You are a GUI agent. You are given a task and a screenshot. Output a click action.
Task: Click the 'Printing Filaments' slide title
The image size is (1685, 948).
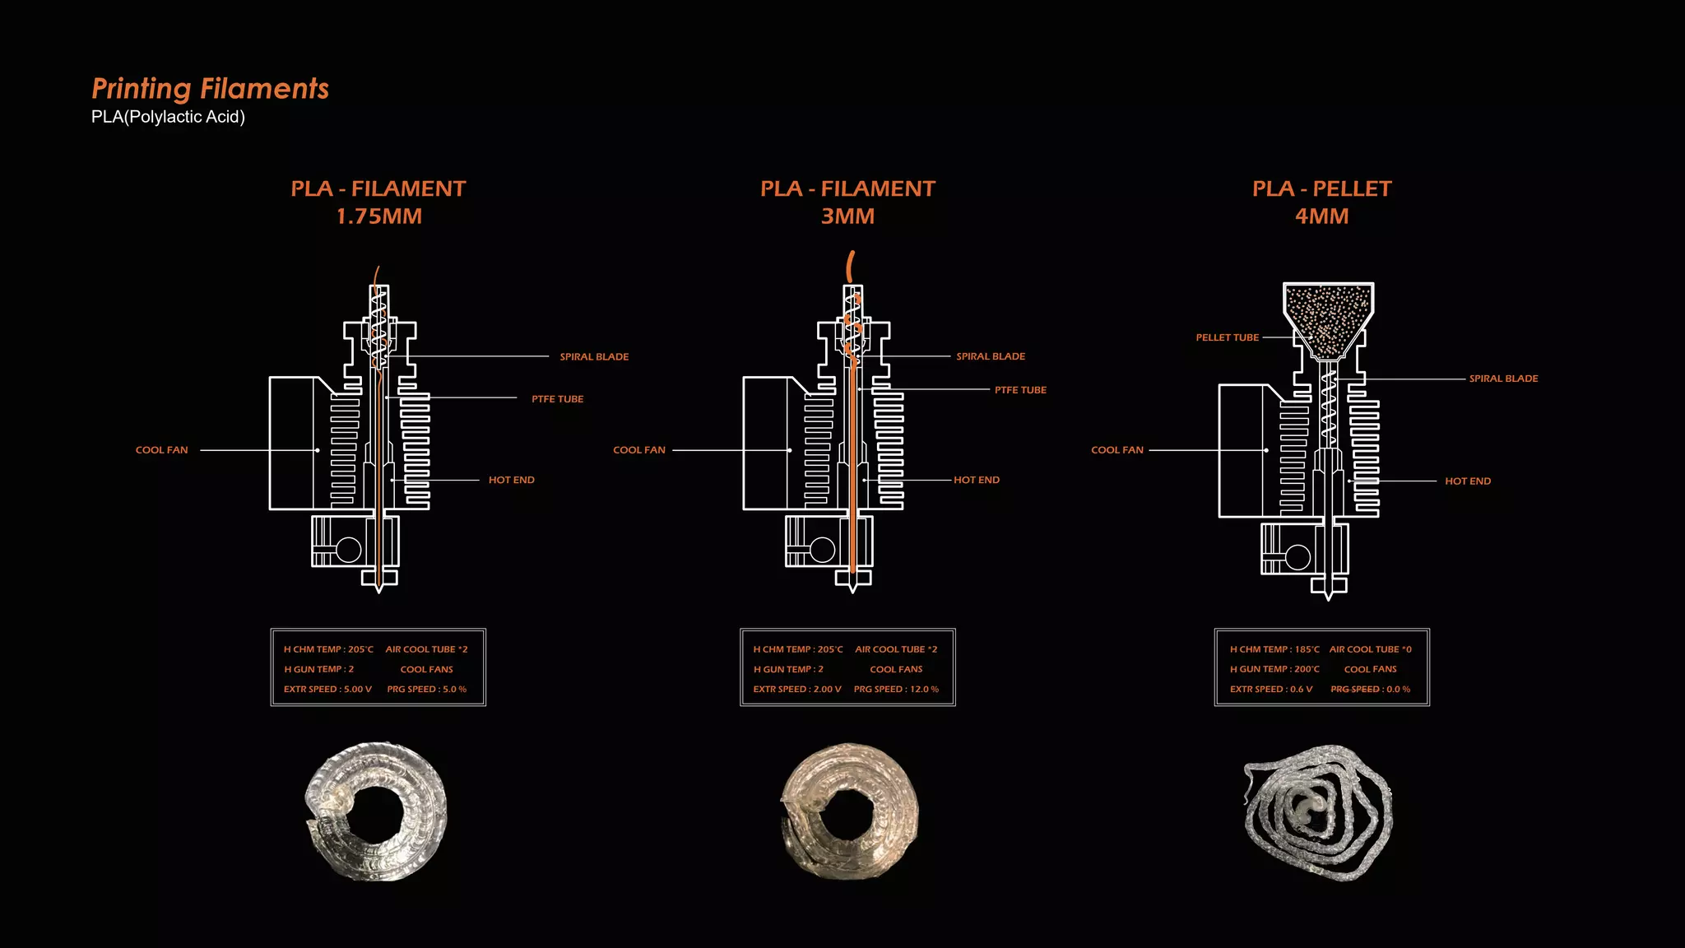click(210, 89)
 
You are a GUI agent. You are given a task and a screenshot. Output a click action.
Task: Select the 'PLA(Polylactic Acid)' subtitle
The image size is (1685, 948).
click(168, 117)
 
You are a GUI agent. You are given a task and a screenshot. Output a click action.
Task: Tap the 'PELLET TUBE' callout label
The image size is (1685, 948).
click(1227, 337)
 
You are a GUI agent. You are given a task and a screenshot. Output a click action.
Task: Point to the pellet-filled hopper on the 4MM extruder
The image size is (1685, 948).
click(1328, 320)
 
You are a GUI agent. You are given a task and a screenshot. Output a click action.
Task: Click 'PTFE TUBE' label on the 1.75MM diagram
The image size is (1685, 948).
click(557, 399)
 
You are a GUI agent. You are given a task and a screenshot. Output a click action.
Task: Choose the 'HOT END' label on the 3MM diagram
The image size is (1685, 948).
click(977, 480)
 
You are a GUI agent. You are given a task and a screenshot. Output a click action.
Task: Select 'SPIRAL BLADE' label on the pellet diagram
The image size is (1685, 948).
click(1503, 379)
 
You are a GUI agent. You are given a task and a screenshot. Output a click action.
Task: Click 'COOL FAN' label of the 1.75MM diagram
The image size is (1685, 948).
click(161, 450)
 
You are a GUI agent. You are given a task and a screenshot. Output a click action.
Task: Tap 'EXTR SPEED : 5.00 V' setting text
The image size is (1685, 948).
click(327, 690)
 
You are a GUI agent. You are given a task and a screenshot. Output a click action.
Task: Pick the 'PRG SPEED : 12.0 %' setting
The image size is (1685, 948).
click(896, 690)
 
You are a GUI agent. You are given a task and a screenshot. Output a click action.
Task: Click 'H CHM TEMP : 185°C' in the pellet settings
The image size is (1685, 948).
click(1274, 649)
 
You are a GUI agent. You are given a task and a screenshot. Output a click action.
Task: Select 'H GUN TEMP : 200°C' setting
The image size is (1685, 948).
click(1274, 669)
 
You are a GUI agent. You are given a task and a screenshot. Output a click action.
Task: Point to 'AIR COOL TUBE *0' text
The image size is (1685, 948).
click(1371, 649)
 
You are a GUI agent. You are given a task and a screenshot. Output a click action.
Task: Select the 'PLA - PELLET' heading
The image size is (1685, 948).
click(1321, 189)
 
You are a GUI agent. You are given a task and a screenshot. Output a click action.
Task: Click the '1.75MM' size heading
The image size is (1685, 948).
click(378, 216)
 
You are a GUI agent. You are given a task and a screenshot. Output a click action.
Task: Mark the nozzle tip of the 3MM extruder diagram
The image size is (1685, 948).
click(853, 592)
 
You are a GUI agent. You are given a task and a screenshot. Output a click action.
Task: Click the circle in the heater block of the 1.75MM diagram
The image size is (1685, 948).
click(349, 550)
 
